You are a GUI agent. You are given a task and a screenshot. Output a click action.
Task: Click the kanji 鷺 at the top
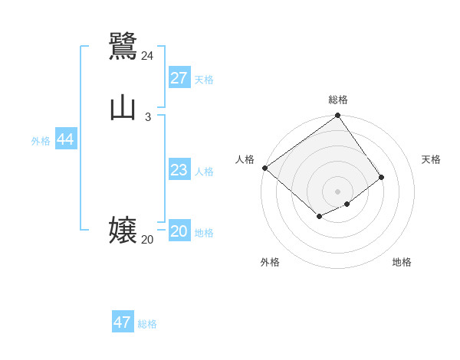tap(123, 46)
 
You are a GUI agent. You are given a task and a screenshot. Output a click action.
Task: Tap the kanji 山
tap(123, 107)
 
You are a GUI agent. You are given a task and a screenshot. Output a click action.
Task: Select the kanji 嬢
tap(123, 230)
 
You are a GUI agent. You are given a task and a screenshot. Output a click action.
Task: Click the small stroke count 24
tap(147, 56)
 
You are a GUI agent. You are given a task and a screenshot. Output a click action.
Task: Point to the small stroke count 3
tap(147, 117)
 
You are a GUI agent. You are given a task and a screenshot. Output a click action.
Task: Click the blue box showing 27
tap(179, 78)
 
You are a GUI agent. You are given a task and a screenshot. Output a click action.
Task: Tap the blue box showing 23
tap(179, 170)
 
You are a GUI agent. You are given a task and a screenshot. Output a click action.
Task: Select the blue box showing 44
tap(65, 139)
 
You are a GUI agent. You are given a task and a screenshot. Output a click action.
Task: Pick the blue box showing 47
tap(122, 322)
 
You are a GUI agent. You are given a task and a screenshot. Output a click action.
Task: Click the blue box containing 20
tap(179, 231)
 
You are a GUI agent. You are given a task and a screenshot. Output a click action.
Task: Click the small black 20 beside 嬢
tap(147, 240)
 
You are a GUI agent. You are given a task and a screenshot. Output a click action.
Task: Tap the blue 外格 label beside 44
tap(41, 141)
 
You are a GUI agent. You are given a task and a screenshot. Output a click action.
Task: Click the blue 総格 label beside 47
tap(147, 324)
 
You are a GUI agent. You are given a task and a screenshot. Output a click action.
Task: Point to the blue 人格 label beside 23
tap(204, 172)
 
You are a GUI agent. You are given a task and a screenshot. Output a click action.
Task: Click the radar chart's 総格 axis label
tap(338, 100)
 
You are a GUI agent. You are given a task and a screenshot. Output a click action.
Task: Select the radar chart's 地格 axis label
tap(402, 262)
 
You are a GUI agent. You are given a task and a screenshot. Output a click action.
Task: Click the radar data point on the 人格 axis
tap(264, 168)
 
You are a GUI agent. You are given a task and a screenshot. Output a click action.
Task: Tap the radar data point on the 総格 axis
tap(338, 116)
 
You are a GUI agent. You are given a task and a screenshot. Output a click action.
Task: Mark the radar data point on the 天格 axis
tap(381, 177)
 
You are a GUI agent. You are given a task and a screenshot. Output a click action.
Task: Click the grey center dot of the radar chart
tap(338, 191)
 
